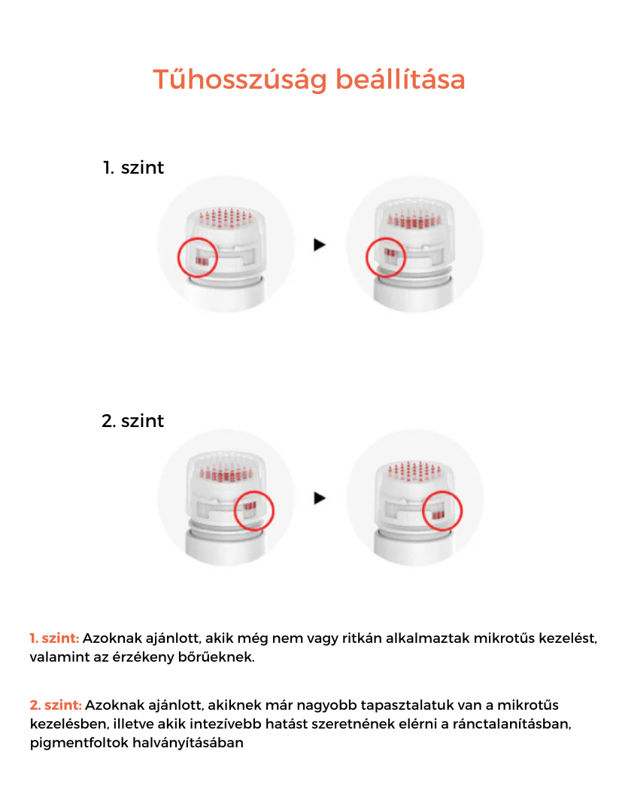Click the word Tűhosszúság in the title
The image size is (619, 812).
pyautogui.click(x=241, y=80)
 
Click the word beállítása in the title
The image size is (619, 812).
pyautogui.click(x=400, y=79)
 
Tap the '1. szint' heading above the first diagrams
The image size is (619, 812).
pyautogui.click(x=134, y=168)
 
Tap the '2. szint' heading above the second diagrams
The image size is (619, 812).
pyautogui.click(x=133, y=421)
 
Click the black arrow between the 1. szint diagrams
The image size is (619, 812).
pyautogui.click(x=320, y=244)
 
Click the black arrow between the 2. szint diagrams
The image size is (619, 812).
pyautogui.click(x=320, y=498)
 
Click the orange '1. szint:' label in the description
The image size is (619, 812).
pyautogui.click(x=54, y=638)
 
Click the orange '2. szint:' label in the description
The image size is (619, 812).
pyautogui.click(x=56, y=704)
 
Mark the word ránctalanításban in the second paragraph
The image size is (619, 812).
pyautogui.click(x=511, y=723)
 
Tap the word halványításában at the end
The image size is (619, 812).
pyautogui.click(x=188, y=743)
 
